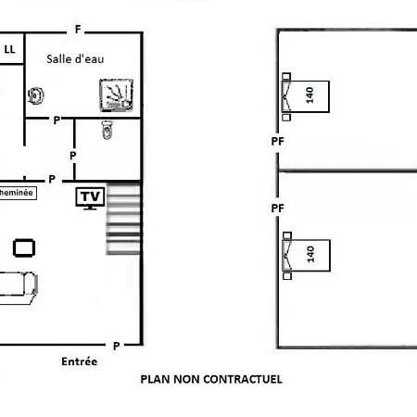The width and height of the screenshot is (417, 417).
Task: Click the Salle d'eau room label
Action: (x=75, y=59)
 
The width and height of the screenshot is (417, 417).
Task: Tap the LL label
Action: (x=9, y=49)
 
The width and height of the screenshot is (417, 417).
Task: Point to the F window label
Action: (x=78, y=30)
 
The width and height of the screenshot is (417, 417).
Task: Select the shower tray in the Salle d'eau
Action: (x=116, y=95)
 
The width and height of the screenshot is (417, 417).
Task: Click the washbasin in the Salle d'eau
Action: (x=36, y=95)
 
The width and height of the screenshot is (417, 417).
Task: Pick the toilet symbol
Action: (x=107, y=130)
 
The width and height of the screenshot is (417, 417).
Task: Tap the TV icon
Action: (x=90, y=198)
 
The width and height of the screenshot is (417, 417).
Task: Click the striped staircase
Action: (x=123, y=219)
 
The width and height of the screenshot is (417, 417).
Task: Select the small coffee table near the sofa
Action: (x=24, y=248)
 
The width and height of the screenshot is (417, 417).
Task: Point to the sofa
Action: (x=19, y=287)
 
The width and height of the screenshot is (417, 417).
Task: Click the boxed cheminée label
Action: (x=18, y=193)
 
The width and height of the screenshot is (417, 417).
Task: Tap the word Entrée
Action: (x=80, y=361)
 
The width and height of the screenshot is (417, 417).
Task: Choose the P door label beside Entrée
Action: (x=116, y=346)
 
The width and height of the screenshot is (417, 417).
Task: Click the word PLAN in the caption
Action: (x=156, y=379)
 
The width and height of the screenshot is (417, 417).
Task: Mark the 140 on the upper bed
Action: (x=310, y=95)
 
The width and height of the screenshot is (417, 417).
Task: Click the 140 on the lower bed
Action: (x=310, y=254)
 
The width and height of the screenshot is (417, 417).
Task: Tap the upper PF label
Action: (x=277, y=142)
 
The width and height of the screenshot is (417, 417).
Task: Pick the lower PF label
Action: (x=277, y=208)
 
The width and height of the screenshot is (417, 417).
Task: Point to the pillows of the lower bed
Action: (x=287, y=256)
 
